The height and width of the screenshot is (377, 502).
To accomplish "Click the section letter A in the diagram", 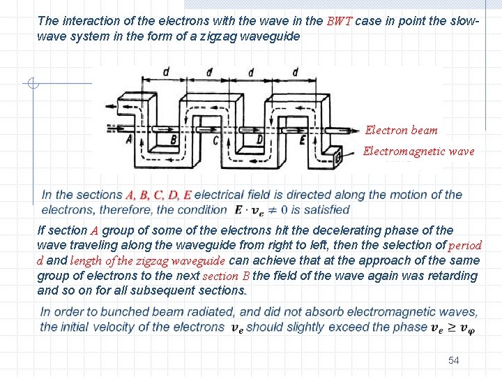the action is tap(129, 139).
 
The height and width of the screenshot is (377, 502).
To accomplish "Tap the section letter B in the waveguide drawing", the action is tap(173, 140).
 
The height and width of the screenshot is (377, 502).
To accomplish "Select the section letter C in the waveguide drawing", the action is tap(216, 140).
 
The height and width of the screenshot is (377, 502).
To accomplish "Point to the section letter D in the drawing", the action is tap(259, 140).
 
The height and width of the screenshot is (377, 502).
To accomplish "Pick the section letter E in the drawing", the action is tap(303, 140).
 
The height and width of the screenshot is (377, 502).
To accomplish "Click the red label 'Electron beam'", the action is tap(402, 130).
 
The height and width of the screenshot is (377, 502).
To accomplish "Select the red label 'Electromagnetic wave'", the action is tap(418, 151).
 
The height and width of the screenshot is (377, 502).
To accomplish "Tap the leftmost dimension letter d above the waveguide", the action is tap(165, 72).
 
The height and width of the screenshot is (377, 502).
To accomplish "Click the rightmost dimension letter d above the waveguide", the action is tap(296, 72).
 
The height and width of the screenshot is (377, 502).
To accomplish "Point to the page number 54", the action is tap(454, 360).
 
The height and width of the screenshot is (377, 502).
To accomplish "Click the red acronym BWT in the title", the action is tap(340, 21).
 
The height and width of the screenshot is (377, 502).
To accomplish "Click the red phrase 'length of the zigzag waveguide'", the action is tap(148, 260).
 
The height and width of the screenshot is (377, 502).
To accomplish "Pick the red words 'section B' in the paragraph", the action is tap(225, 276).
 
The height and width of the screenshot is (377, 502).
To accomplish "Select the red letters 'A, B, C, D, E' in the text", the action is tap(158, 195).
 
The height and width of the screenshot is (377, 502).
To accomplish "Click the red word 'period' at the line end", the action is tap(465, 245).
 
